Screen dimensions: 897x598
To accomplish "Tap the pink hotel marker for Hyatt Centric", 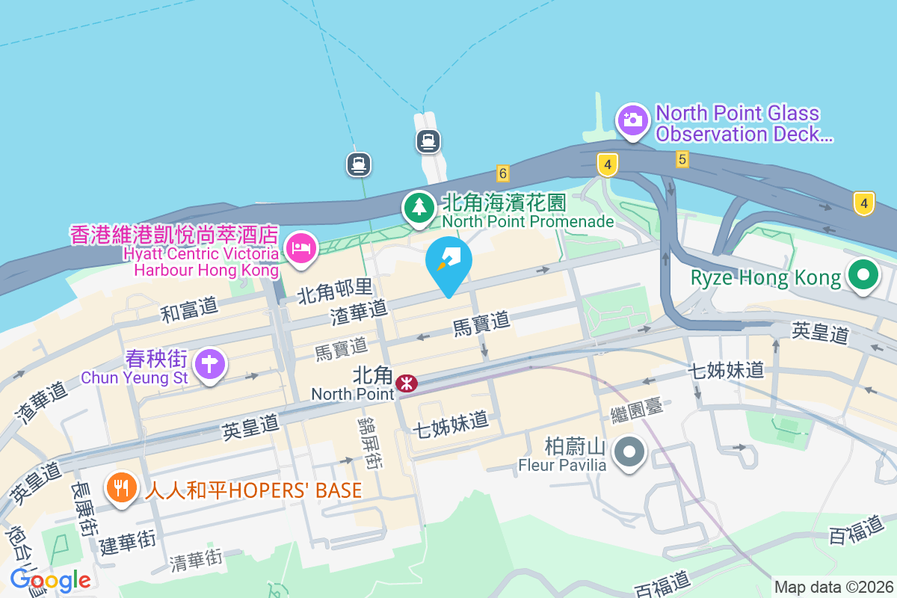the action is [x=301, y=247].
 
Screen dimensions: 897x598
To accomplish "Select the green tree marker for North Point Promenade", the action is [x=419, y=206].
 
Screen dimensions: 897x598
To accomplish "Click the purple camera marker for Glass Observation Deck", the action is [x=632, y=120].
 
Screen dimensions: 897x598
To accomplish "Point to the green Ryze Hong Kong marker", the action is [x=863, y=274].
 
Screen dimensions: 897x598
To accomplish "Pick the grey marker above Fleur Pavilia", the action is [x=629, y=451].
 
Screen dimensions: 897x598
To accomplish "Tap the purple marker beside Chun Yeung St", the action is [x=210, y=364].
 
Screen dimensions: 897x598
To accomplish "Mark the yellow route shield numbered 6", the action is [x=502, y=173].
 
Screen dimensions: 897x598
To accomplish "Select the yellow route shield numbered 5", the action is [x=681, y=158].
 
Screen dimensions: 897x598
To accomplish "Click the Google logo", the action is [x=50, y=579].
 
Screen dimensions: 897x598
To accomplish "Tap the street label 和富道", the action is [x=189, y=308].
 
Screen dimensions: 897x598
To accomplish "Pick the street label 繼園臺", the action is [x=637, y=413].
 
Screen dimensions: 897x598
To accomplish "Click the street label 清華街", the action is [x=196, y=558].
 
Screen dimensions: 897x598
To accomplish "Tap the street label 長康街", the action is [x=82, y=508].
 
